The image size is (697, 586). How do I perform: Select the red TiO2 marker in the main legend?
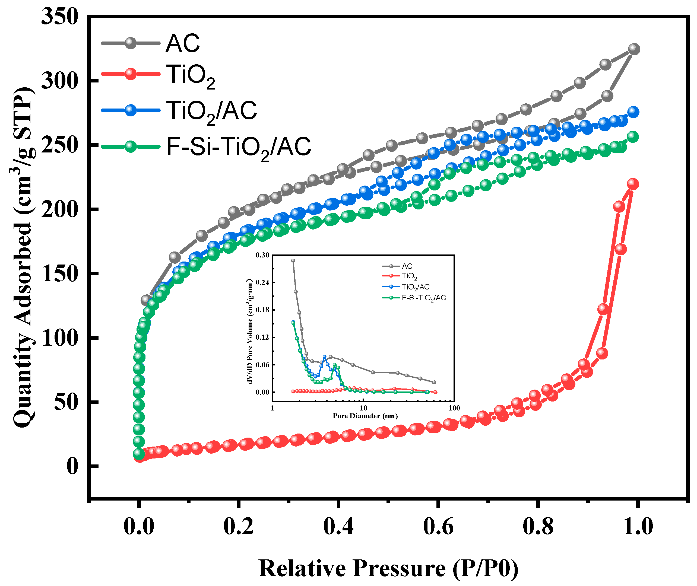coord(131,74)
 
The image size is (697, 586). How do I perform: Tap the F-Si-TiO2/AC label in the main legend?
coord(239,147)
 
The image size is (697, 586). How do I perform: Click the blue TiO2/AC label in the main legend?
coord(211,111)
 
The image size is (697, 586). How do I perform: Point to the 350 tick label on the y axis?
coord(60,17)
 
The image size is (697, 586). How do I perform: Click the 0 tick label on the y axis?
coord(72,466)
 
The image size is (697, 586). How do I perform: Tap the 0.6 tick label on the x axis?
coord(438,527)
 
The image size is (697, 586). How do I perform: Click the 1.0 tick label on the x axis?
coord(638,527)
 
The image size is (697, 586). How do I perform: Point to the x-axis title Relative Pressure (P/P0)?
coord(388,568)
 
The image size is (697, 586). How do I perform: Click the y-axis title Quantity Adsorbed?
coord(23,257)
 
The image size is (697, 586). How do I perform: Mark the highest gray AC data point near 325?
coord(634,49)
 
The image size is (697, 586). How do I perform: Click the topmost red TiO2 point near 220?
coord(632,184)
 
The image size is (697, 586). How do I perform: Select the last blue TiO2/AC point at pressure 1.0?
coord(633,112)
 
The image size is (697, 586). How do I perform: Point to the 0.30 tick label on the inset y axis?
coord(262,255)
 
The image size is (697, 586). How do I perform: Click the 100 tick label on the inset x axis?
coord(454,408)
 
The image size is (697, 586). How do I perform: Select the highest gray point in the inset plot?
coord(293,261)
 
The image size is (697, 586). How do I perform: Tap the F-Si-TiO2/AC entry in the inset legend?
coord(423,298)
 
